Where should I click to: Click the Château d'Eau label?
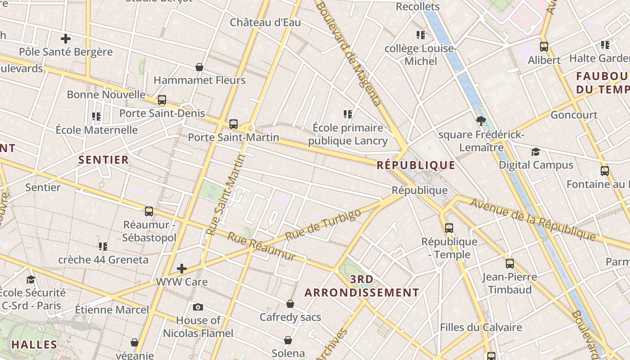[x=265, y=22]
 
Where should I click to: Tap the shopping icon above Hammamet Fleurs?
[x=199, y=67]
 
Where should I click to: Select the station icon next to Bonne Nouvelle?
[x=162, y=100]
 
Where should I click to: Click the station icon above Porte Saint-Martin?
[x=233, y=124]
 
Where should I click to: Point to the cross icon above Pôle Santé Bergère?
[x=66, y=39]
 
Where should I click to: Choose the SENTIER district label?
[x=103, y=160]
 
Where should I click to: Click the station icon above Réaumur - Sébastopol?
[x=149, y=211]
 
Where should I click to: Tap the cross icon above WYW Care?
[x=182, y=269]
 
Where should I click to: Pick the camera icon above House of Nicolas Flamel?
[x=198, y=307]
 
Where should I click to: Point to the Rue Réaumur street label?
[x=261, y=246]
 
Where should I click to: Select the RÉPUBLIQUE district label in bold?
[x=416, y=165]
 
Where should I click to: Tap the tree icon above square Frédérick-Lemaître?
[x=481, y=121]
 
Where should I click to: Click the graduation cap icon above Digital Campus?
[x=535, y=152]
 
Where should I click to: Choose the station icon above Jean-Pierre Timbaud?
[x=509, y=263]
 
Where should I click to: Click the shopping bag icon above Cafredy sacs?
[x=290, y=304]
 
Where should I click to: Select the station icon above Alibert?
[x=544, y=46]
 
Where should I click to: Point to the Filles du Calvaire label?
[x=481, y=327]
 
